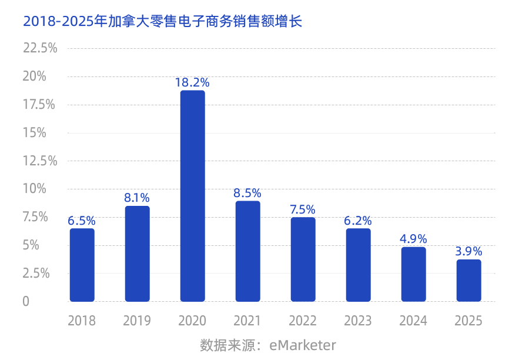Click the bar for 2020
[192, 196]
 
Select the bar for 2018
[82, 265]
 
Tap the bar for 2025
[468, 281]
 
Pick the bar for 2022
[303, 259]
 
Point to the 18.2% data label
[192, 82]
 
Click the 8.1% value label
[137, 198]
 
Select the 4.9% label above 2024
[413, 239]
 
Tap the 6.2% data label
[358, 221]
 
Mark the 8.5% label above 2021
[247, 193]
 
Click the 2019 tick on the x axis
[137, 321]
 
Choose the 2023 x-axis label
[358, 321]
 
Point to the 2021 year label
[247, 321]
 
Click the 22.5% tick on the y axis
[40, 48]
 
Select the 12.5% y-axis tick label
[40, 161]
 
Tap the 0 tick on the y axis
[26, 301]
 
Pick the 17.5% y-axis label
[40, 105]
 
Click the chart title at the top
[162, 22]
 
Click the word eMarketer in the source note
[303, 345]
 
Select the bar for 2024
[413, 274]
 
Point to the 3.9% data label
[468, 251]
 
